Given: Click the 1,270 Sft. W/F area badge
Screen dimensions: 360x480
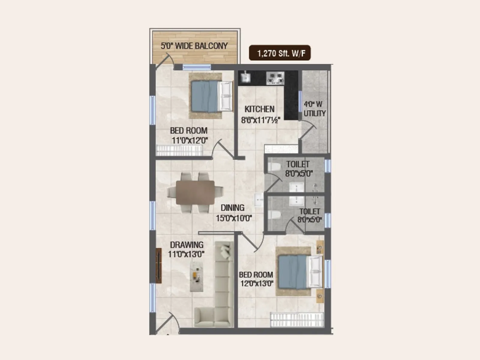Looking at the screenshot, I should click(280, 53).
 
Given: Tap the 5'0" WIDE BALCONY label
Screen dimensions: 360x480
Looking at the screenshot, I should click(194, 46).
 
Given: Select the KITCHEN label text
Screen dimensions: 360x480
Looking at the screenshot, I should click(259, 109).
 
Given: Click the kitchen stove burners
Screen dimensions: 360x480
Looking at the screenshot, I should click(275, 78).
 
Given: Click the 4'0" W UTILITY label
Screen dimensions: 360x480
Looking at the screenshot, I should click(314, 109).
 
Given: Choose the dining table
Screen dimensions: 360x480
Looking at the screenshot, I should click(195, 192).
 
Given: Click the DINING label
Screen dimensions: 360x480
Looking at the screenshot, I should click(232, 208).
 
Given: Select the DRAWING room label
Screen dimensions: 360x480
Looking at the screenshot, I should click(187, 245).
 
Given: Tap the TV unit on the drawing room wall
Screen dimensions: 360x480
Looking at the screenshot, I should click(158, 265).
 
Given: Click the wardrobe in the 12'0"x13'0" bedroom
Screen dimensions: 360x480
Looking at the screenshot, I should click(297, 320).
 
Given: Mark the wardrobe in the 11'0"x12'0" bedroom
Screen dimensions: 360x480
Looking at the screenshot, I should click(179, 150).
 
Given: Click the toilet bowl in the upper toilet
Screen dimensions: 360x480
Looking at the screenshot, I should click(274, 167).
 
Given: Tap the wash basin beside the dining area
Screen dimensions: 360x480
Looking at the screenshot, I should click(259, 200).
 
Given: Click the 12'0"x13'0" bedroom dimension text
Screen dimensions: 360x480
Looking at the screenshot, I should click(257, 283).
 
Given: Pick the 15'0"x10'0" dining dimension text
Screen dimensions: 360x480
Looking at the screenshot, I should click(234, 218).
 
